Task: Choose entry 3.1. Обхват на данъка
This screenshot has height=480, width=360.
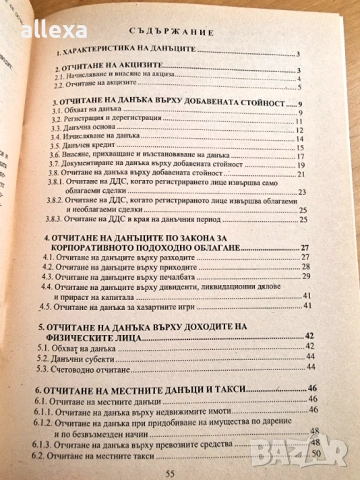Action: (x=91, y=114)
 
